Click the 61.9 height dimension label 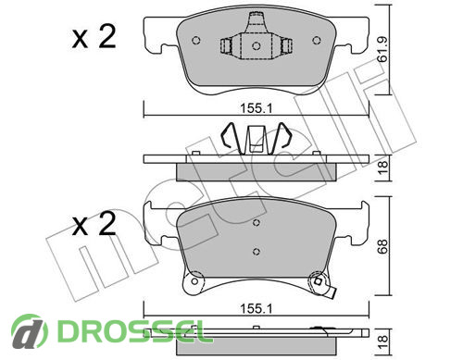[x=382, y=50]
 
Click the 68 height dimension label [x=382, y=246]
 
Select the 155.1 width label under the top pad [x=257, y=108]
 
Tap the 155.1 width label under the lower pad [x=257, y=308]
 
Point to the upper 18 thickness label [x=382, y=168]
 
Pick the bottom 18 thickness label [x=382, y=342]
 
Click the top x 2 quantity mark [x=94, y=37]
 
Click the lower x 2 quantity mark [x=94, y=224]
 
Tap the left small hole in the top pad [x=196, y=41]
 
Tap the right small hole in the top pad [x=317, y=41]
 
